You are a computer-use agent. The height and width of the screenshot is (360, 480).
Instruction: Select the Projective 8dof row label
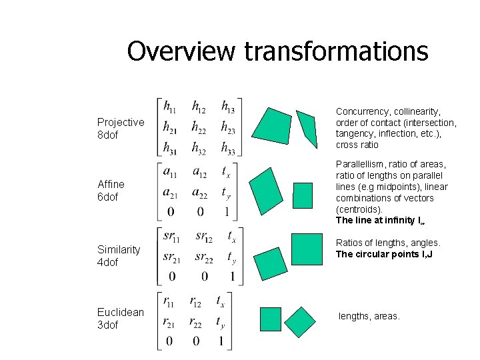pyautogui.click(x=121, y=128)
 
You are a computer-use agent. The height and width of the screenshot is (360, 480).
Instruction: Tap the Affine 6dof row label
pyautogui.click(x=111, y=190)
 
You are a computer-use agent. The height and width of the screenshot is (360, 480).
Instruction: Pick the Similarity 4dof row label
pyautogui.click(x=119, y=255)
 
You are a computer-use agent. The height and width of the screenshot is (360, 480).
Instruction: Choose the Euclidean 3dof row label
pyautogui.click(x=121, y=318)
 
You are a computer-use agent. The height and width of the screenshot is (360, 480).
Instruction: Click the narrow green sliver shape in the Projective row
pyautogui.click(x=307, y=128)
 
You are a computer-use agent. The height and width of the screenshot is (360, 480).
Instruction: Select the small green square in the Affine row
pyautogui.click(x=303, y=194)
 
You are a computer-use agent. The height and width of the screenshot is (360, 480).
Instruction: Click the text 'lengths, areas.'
pyautogui.click(x=369, y=315)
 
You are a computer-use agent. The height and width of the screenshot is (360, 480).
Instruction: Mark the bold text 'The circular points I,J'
pyautogui.click(x=384, y=254)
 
